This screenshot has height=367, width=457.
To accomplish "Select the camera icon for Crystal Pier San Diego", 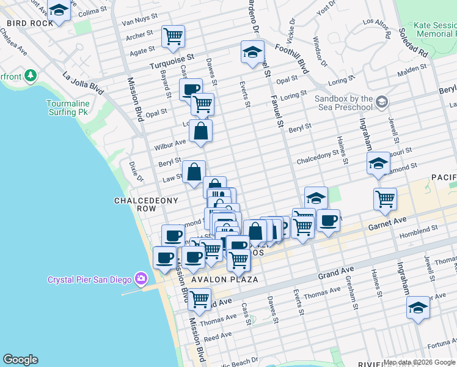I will (141, 280).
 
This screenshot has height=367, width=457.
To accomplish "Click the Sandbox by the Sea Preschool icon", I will (382, 100).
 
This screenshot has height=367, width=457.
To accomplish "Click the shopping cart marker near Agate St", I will (173, 36).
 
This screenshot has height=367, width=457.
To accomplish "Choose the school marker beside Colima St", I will (59, 10).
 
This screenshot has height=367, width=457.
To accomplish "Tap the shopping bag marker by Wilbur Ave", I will (200, 131).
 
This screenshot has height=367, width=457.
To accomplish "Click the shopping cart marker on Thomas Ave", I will (199, 300).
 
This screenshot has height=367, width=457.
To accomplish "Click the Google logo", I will (21, 360).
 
